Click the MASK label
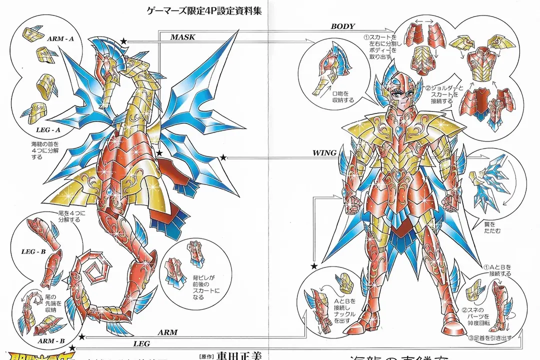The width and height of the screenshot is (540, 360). coord(182,37)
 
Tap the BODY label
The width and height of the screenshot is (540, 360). coord(343,26)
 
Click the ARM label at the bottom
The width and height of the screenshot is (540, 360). coord(167,332)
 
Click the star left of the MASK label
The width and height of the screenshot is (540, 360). coord(123,46)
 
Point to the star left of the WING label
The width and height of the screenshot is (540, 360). coord(222,157)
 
